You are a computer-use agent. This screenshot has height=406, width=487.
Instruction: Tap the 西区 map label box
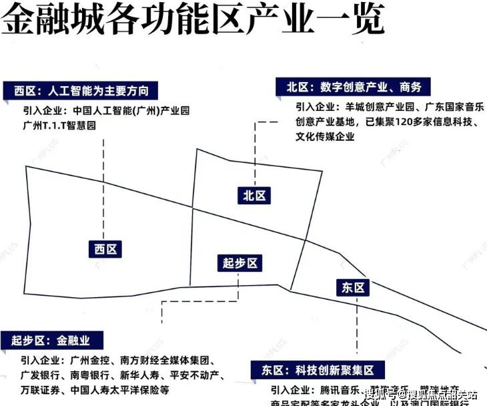[x=106, y=249]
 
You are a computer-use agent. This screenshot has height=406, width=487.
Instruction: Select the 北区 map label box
[x=254, y=195]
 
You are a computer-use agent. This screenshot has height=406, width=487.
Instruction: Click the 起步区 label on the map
[x=240, y=263]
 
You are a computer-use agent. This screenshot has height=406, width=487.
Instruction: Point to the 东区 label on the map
[x=354, y=287]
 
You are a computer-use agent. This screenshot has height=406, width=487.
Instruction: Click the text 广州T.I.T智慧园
[x=63, y=125]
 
